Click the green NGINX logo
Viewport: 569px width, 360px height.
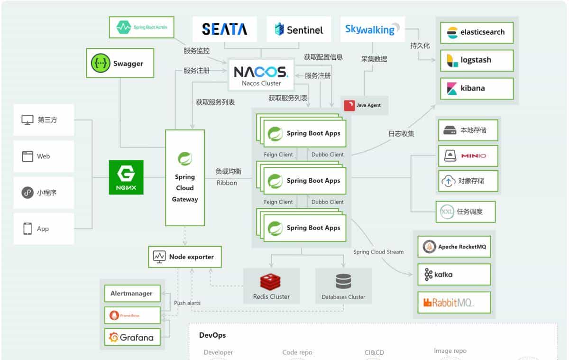pos(126,177)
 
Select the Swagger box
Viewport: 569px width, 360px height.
pos(120,63)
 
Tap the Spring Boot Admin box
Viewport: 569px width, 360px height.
pos(141,28)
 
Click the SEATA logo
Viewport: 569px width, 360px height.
pos(224,29)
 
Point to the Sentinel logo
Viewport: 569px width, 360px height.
pos(299,29)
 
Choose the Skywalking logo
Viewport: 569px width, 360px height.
pos(372,29)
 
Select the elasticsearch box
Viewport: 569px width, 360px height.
pos(477,33)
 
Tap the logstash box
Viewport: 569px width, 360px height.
pos(477,60)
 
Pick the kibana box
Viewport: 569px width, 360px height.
pos(477,88)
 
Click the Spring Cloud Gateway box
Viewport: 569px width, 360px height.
pos(185,178)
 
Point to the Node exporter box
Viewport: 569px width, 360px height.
pos(185,257)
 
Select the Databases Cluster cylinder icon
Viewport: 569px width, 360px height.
pos(343,281)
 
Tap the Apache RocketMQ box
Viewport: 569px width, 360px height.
pos(454,247)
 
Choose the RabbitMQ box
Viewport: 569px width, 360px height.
pos(454,302)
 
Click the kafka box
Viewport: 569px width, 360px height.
pos(454,274)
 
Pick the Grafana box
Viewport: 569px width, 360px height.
pos(132,337)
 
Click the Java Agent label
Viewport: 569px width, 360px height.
pos(364,105)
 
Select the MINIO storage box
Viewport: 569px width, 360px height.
pos(468,156)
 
